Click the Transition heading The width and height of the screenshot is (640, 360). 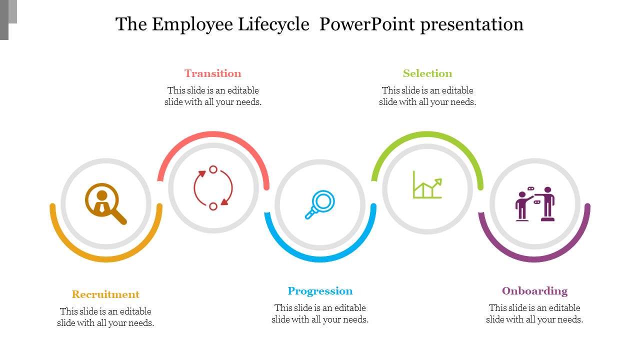tap(213, 73)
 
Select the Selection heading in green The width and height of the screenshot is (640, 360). tap(427, 73)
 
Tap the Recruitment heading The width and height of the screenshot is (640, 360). tap(105, 294)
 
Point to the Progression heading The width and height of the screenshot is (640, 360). tap(320, 291)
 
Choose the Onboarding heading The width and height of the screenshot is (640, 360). tap(534, 291)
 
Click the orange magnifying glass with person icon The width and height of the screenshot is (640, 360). tap(105, 203)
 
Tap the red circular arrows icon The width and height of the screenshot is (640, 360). tap(213, 188)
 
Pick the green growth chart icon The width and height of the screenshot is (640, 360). tap(427, 184)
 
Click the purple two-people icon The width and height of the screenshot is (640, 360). tap(535, 204)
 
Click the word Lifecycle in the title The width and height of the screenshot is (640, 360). tap(273, 24)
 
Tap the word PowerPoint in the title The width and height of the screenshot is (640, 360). tap(367, 24)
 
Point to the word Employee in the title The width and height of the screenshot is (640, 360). tap(192, 25)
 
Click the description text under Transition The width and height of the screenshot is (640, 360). tap(213, 96)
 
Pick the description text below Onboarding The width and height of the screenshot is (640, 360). tap(534, 313)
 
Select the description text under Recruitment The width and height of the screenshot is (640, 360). tap(105, 317)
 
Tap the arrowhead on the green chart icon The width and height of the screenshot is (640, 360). tap(438, 182)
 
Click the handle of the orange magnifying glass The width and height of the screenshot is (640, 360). tap(119, 217)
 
